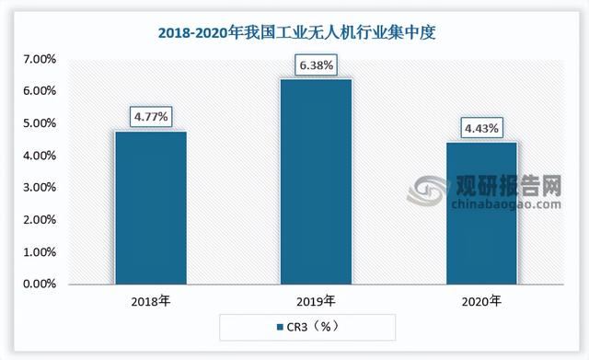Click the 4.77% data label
click(x=150, y=117)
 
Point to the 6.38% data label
click(x=317, y=65)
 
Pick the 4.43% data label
click(x=482, y=128)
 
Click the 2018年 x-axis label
click(x=150, y=300)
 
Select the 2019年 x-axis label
click(x=317, y=300)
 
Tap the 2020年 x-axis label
click(x=482, y=300)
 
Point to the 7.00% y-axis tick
click(x=39, y=59)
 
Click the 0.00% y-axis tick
click(x=39, y=285)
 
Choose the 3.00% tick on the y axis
click(x=39, y=188)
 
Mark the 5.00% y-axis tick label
click(x=39, y=123)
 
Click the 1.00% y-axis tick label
click(x=39, y=252)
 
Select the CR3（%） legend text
click(x=308, y=326)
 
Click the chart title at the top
click(x=294, y=34)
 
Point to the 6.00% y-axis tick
click(x=39, y=91)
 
